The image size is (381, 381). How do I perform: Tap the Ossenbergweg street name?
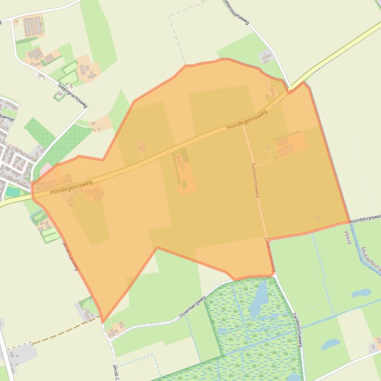[x=192, y=308]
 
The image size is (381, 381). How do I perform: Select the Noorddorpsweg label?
[x=365, y=218]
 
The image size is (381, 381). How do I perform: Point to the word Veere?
[x=348, y=237]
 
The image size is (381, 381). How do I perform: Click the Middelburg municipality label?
[x=370, y=259]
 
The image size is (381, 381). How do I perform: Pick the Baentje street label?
[x=7, y=117]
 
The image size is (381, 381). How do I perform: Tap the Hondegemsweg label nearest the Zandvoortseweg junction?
[x=246, y=120]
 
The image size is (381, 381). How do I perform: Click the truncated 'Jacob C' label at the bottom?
[x=117, y=372]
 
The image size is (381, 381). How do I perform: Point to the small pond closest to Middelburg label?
[x=361, y=293]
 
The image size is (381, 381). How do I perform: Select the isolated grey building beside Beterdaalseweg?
[x=266, y=56]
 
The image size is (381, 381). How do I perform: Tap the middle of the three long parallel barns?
[x=33, y=26]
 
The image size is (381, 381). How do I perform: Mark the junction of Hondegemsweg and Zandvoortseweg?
[x=243, y=125]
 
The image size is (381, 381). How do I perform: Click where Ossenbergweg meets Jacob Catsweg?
[x=109, y=328]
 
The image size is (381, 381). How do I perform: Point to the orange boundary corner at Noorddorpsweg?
[x=349, y=223]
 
